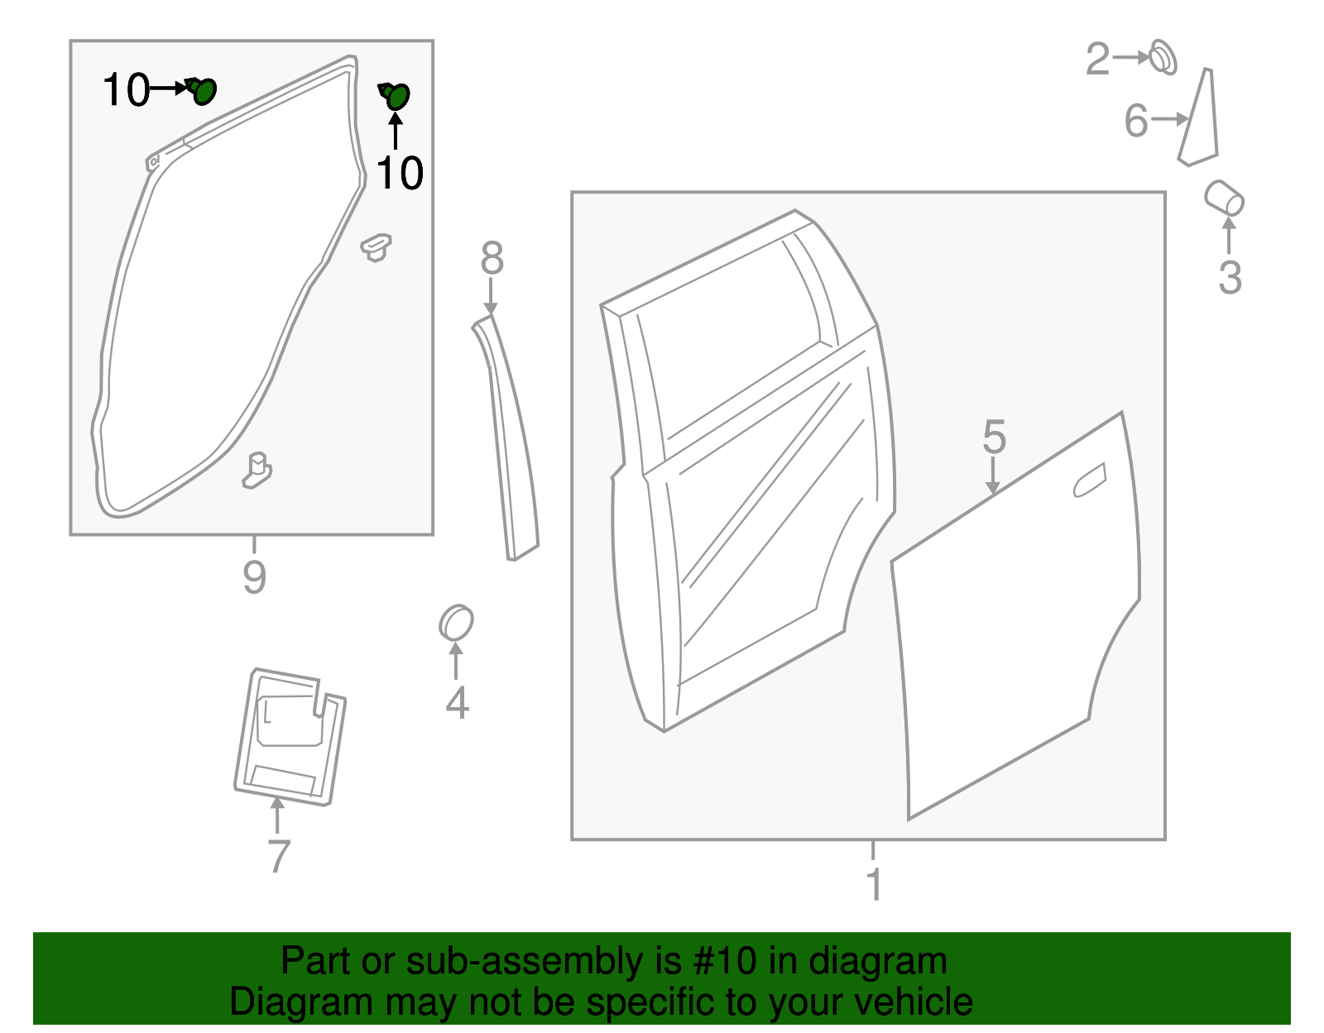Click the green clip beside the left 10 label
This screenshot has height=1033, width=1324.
pyautogui.click(x=202, y=89)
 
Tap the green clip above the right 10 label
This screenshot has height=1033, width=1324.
pyautogui.click(x=396, y=96)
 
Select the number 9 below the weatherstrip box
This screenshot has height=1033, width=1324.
pyautogui.click(x=254, y=576)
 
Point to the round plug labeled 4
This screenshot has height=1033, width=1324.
pyautogui.click(x=456, y=623)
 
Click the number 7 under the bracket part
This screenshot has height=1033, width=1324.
pyautogui.click(x=279, y=856)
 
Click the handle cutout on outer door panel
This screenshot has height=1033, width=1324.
pyautogui.click(x=1090, y=481)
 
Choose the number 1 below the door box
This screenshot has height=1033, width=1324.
pyautogui.click(x=874, y=884)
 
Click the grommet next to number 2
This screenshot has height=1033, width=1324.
pyautogui.click(x=1163, y=57)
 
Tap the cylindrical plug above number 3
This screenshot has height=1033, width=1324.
pyautogui.click(x=1224, y=198)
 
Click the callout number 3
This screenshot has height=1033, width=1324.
pyautogui.click(x=1230, y=277)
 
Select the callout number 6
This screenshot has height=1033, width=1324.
pyautogui.click(x=1136, y=121)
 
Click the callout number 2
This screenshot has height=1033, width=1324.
pyautogui.click(x=1097, y=60)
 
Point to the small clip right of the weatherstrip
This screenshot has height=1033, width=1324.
pyautogui.click(x=377, y=246)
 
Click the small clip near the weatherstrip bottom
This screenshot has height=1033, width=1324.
pyautogui.click(x=257, y=470)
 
